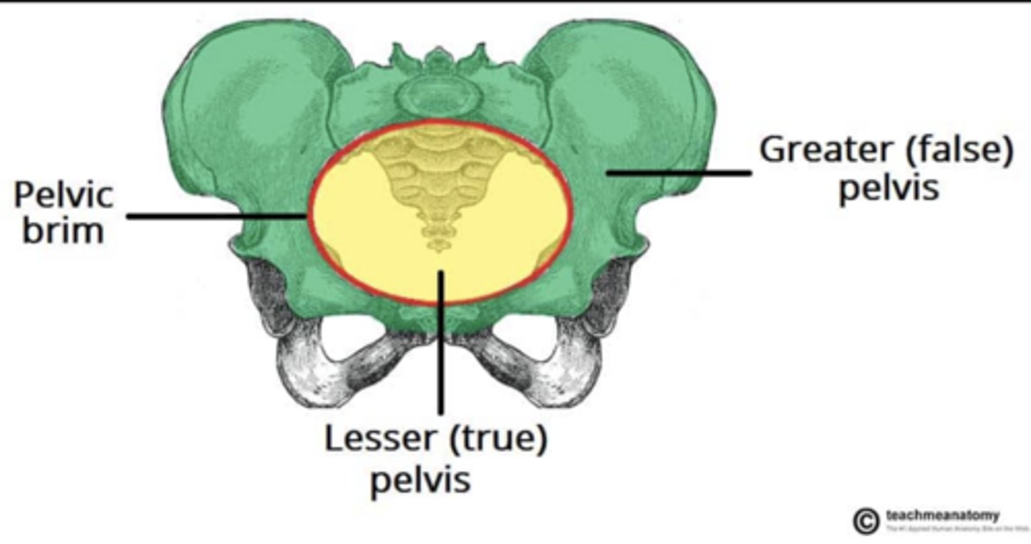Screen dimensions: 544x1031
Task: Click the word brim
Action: point(63,230)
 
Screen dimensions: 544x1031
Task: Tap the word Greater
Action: point(819,150)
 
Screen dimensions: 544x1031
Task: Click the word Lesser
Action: point(381,439)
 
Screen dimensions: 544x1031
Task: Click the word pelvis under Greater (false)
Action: point(888,189)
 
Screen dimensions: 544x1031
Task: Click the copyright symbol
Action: point(866,520)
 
